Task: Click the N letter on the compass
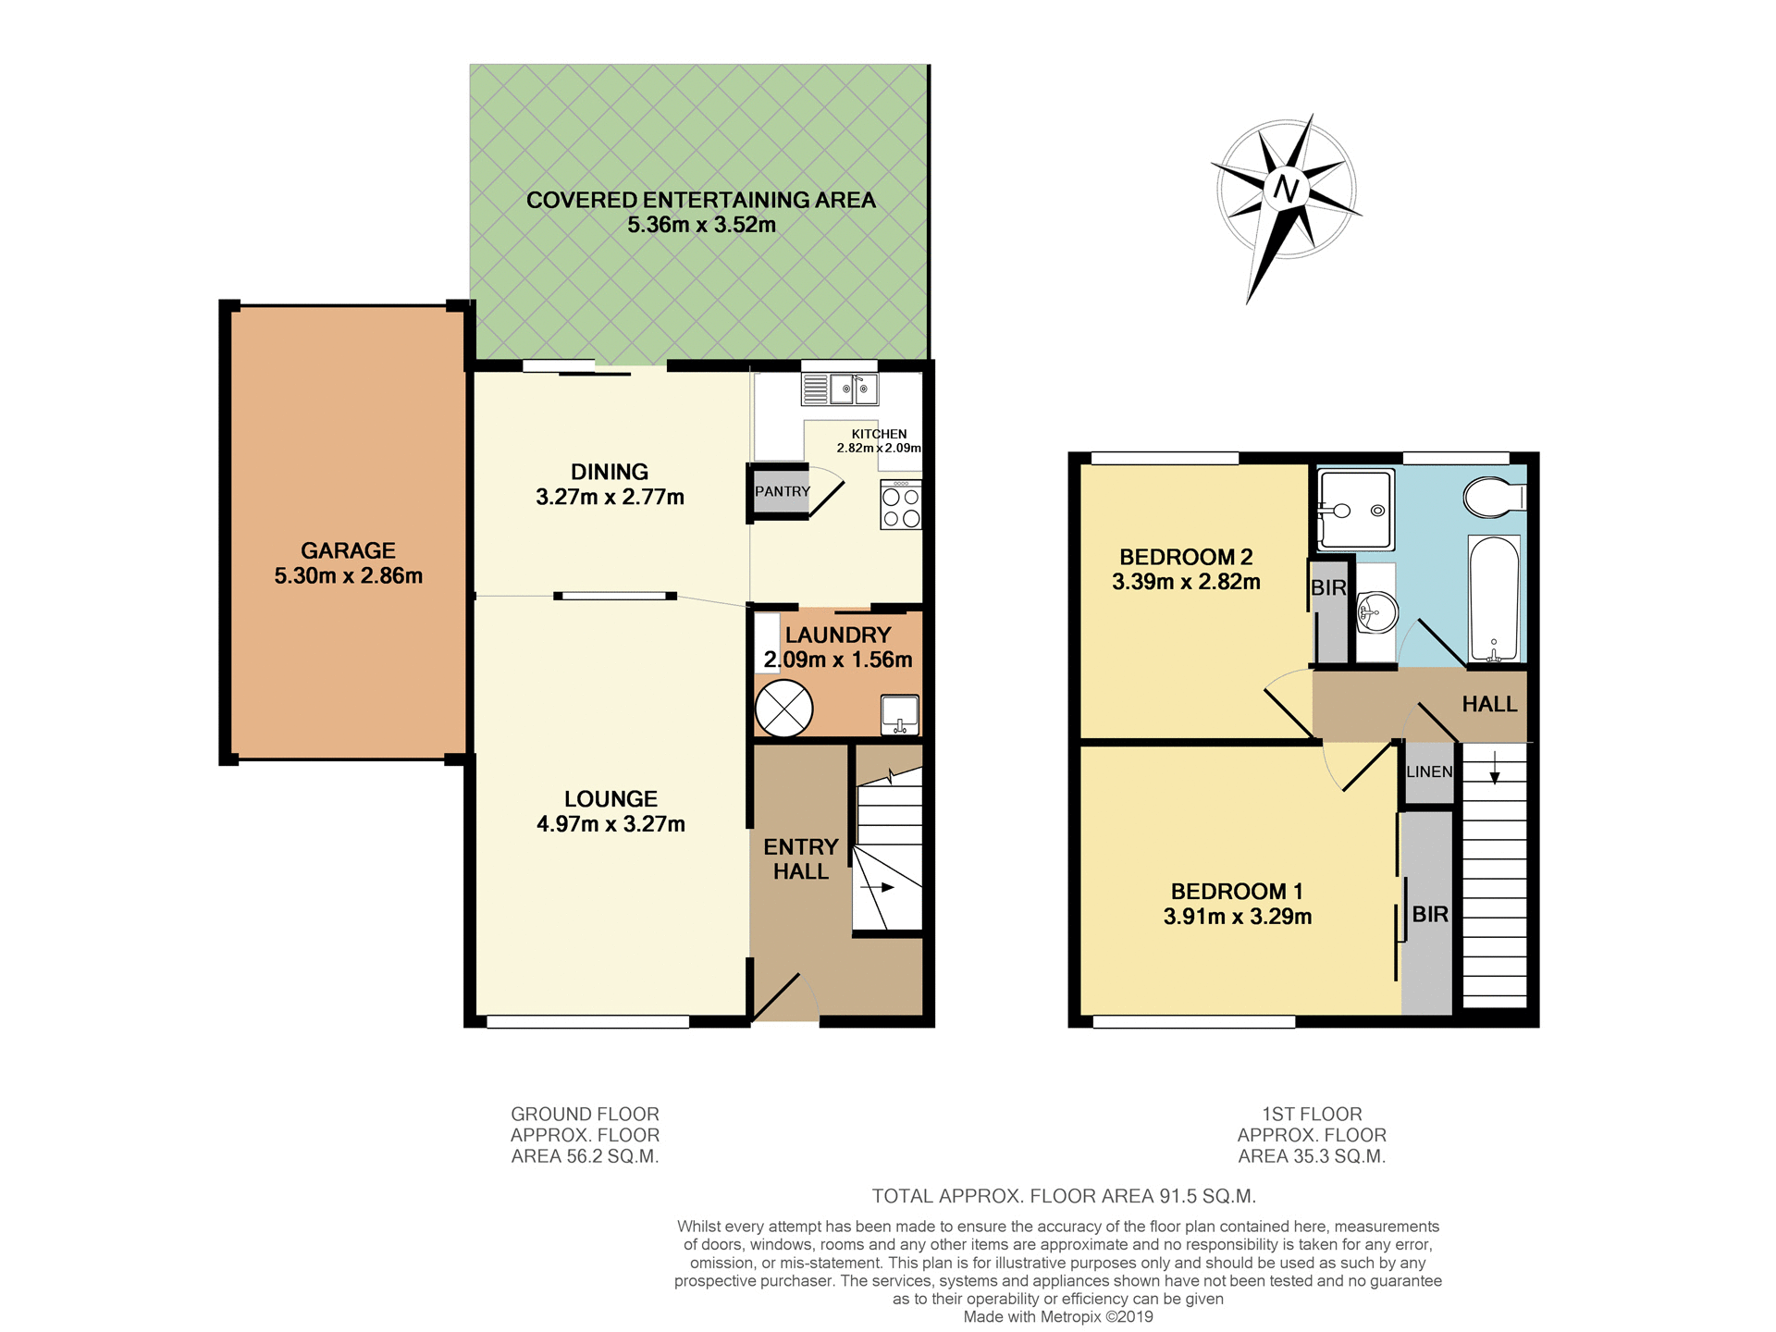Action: (x=1287, y=189)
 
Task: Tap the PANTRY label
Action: (x=782, y=491)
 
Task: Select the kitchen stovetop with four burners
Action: (x=901, y=506)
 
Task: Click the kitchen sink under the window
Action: (x=853, y=388)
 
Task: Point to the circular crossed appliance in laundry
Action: (x=783, y=709)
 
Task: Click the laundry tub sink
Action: (x=899, y=713)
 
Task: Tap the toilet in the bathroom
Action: (x=1492, y=498)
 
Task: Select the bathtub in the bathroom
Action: (x=1494, y=599)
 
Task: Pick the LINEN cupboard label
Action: (x=1429, y=771)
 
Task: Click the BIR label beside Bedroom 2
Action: (x=1328, y=587)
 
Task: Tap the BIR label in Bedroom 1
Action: (x=1430, y=914)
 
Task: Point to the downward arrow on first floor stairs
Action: (x=1495, y=767)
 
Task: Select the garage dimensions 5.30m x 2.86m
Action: (x=348, y=575)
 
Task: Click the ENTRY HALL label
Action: (x=801, y=858)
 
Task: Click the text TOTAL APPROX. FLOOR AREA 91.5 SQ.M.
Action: (x=1064, y=1196)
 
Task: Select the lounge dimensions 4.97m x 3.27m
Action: (x=610, y=823)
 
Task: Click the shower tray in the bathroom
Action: (x=1355, y=510)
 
